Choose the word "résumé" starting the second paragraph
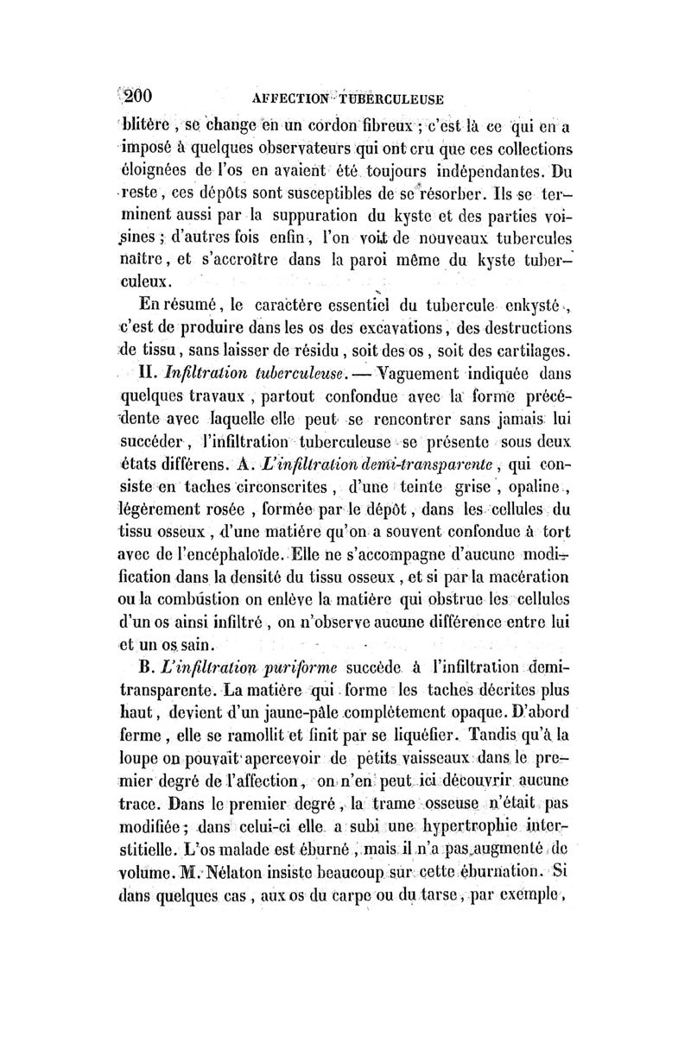[x=191, y=305]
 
